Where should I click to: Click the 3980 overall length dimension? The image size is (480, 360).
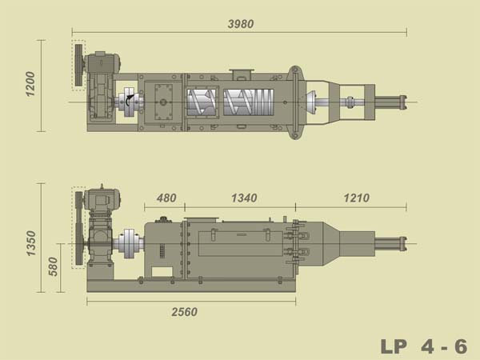point(241,24)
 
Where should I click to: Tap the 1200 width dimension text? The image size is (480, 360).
point(30,84)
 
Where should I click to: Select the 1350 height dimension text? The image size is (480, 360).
point(31,243)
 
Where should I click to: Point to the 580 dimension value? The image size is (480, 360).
point(53,266)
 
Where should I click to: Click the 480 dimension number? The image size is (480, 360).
point(166,198)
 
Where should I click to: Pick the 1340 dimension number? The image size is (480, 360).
point(244,198)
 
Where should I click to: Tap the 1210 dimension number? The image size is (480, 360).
point(357,198)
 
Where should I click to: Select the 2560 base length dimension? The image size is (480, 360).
point(184,312)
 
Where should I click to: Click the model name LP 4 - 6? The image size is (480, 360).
point(424,346)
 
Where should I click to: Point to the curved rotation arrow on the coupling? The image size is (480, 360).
point(130,99)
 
